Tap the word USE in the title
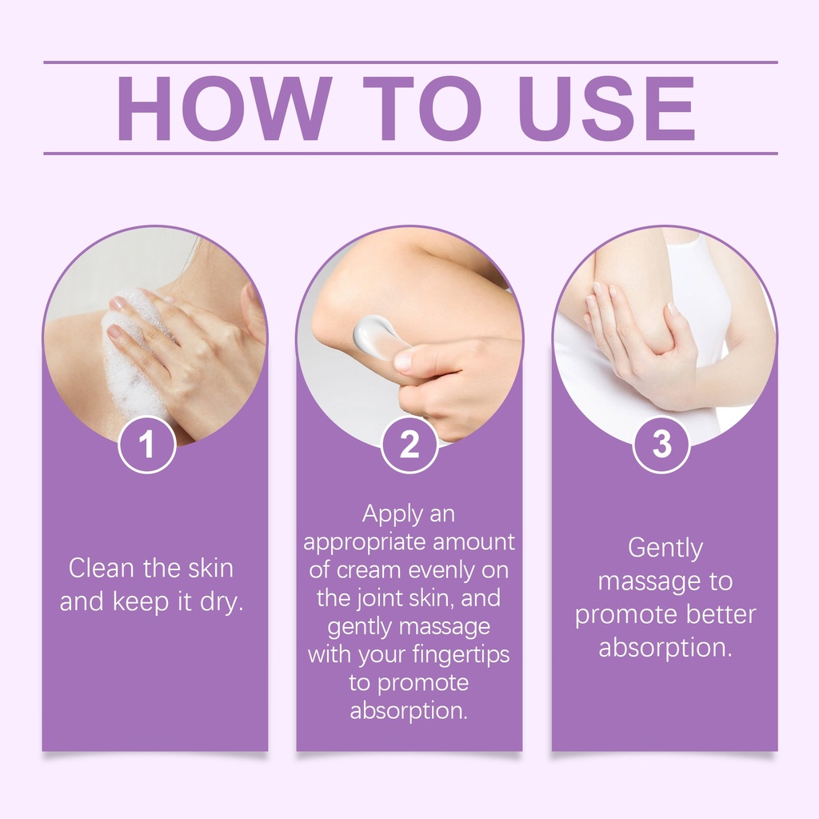pyautogui.click(x=607, y=109)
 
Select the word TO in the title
pyautogui.click(x=422, y=109)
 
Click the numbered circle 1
pyautogui.click(x=147, y=445)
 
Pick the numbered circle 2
pyautogui.click(x=409, y=445)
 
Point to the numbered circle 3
pyautogui.click(x=661, y=445)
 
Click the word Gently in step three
pyautogui.click(x=665, y=549)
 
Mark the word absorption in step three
pyautogui.click(x=665, y=648)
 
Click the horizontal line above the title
pyautogui.click(x=410, y=62)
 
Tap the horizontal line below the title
pyautogui.click(x=410, y=154)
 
